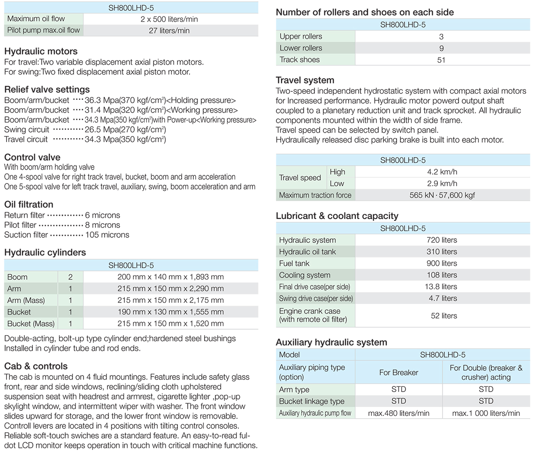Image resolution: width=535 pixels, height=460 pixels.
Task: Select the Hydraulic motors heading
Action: click(41, 51)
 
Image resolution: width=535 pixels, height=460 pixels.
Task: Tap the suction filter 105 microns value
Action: click(107, 234)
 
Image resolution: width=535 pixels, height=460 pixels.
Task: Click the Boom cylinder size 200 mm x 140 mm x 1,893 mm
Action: click(170, 277)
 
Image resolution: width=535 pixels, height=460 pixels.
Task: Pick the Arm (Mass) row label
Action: click(27, 300)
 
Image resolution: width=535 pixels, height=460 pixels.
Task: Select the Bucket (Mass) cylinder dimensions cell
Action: click(170, 324)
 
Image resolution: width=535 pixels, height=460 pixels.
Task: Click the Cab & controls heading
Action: click(36, 366)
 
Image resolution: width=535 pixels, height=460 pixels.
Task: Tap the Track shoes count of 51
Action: click(441, 60)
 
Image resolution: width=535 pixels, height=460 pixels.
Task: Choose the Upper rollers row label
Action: click(301, 37)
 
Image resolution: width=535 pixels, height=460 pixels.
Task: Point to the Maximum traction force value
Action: click(442, 195)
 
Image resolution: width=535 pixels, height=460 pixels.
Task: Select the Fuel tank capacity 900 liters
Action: click(442, 264)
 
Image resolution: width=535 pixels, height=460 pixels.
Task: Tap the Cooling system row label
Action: click(305, 275)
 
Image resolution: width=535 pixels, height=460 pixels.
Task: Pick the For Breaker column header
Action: click(398, 372)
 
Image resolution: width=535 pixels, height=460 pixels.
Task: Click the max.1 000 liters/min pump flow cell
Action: click(486, 413)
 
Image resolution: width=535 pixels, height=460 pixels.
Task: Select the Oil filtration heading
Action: click(29, 204)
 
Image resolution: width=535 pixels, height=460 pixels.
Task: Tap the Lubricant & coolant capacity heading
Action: click(337, 216)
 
